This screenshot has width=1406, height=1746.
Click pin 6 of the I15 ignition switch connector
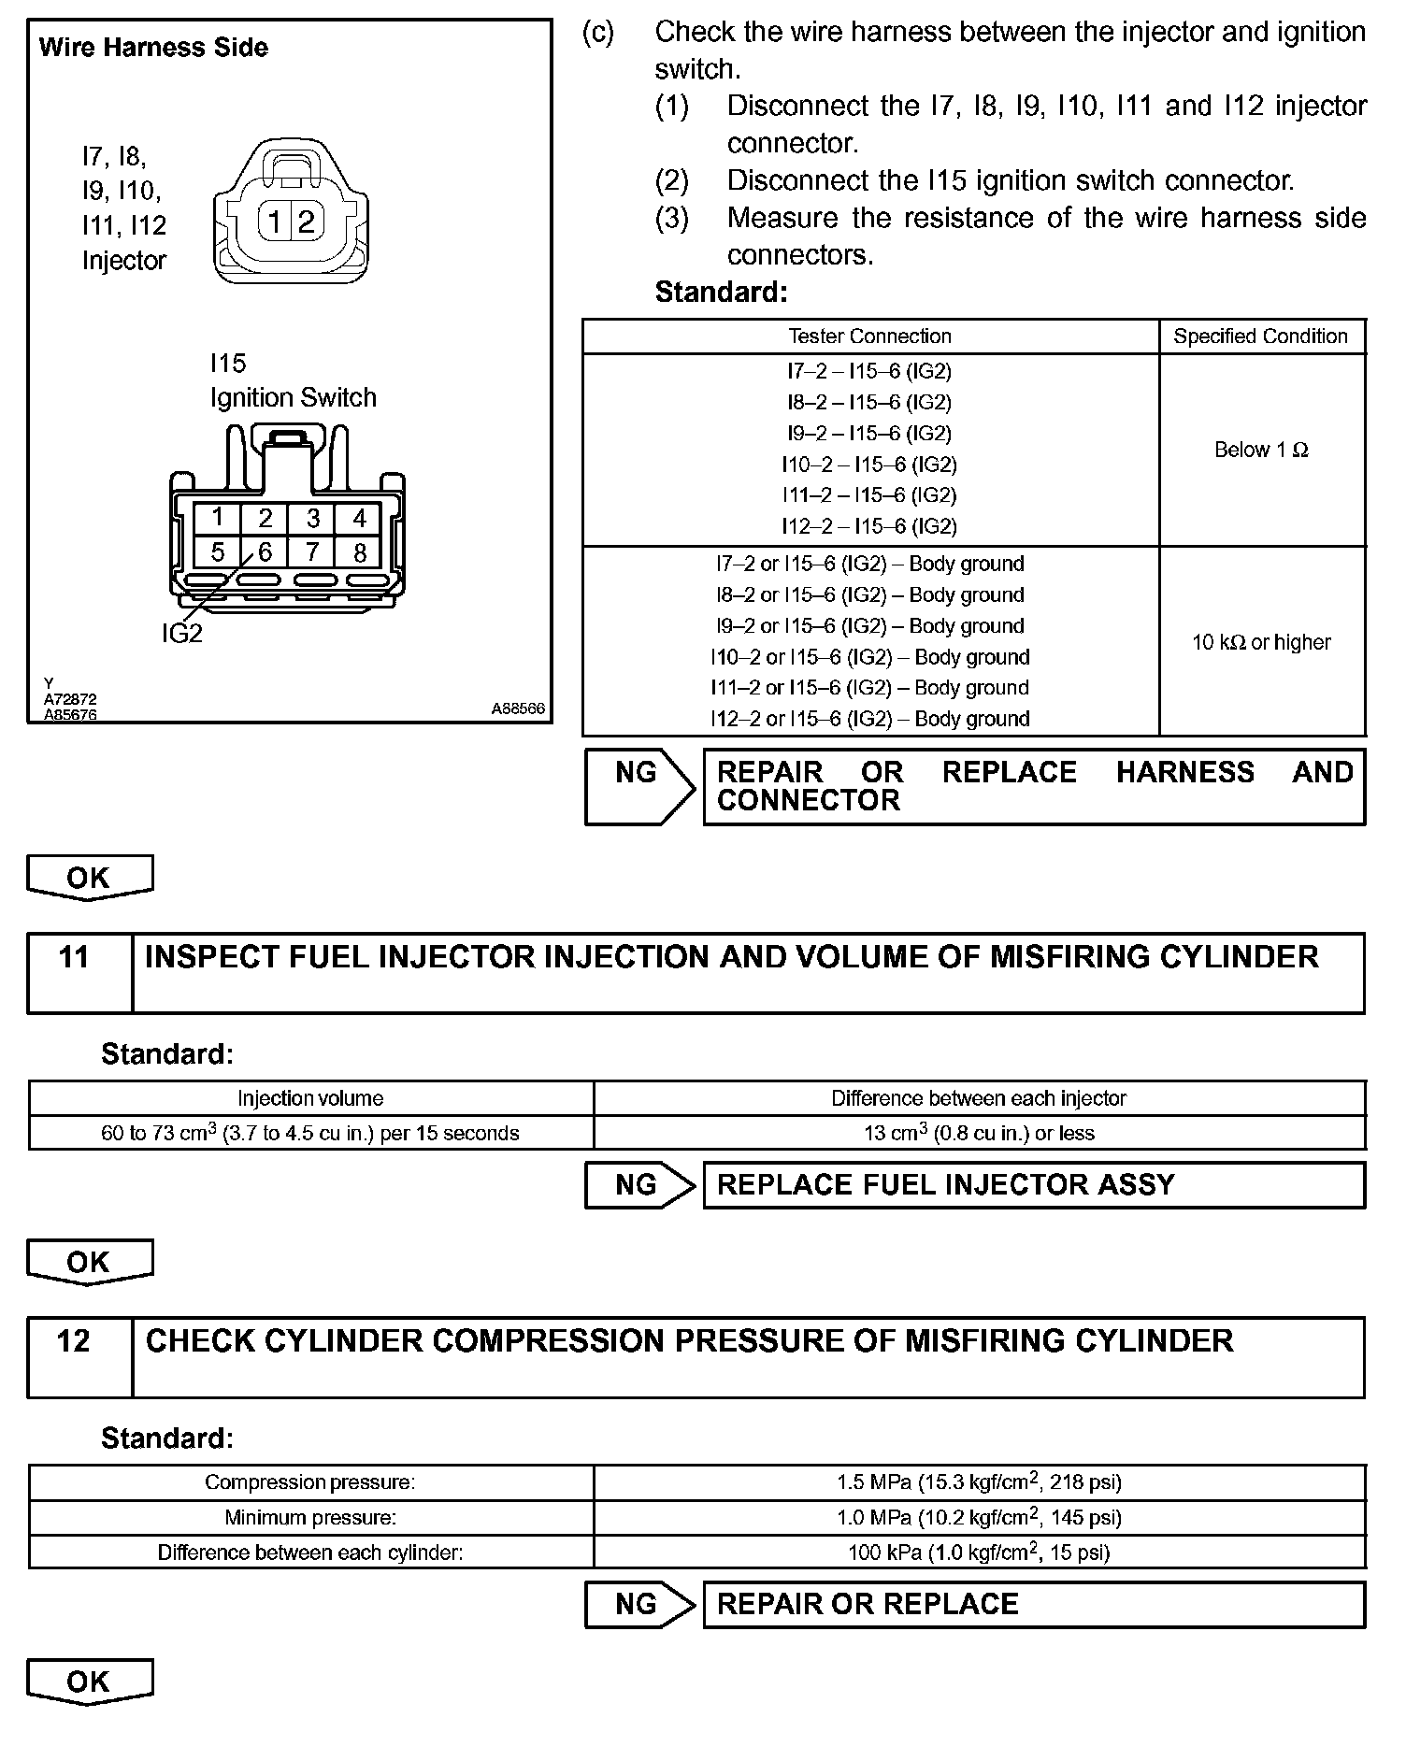click(265, 552)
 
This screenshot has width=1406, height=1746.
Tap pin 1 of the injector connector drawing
click(274, 222)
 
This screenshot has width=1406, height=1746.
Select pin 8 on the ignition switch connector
click(359, 552)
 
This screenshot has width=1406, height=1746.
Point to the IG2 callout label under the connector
click(181, 634)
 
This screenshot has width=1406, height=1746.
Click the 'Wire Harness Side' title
click(153, 48)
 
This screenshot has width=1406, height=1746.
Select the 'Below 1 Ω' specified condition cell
click(1261, 450)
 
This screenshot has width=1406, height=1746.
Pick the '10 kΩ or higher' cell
click(1261, 642)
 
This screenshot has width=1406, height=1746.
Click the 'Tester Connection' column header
click(869, 336)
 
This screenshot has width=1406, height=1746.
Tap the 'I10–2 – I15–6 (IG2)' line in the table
click(869, 465)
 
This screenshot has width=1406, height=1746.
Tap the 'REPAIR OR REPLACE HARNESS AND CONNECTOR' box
click(1034, 786)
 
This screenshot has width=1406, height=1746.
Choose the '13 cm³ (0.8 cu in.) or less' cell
click(979, 1133)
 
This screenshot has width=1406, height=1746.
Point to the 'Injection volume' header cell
click(310, 1098)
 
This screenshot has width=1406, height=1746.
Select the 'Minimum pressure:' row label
click(310, 1517)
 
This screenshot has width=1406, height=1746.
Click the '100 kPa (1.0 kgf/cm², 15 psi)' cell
click(979, 1553)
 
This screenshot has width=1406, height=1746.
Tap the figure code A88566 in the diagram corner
click(518, 709)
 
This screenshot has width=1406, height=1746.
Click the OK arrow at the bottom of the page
click(90, 1682)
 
